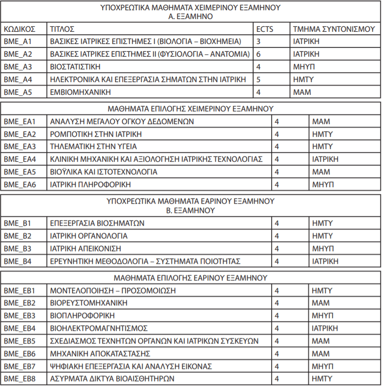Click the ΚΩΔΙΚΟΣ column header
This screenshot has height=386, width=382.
[19, 29]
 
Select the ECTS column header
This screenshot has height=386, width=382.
[265, 29]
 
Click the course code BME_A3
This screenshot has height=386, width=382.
[18, 66]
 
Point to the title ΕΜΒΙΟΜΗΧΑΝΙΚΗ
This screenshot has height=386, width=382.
[81, 92]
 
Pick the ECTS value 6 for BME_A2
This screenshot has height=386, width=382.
[258, 54]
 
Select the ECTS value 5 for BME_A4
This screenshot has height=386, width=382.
[258, 79]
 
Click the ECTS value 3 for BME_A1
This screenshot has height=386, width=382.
[258, 42]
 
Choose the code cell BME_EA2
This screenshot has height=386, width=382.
[20, 134]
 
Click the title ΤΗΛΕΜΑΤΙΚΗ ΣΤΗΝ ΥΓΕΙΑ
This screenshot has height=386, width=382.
[93, 147]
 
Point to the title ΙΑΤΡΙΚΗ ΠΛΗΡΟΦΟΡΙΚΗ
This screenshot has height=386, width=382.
[91, 185]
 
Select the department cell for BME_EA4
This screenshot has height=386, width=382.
[325, 159]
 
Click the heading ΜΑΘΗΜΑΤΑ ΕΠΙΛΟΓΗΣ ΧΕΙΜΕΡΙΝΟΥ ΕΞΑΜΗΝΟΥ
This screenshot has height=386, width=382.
[191, 108]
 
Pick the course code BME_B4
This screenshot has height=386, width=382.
[18, 261]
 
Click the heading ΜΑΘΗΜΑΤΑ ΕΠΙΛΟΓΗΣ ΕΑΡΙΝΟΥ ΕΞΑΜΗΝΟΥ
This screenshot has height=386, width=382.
[191, 278]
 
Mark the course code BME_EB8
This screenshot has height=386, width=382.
[20, 379]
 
